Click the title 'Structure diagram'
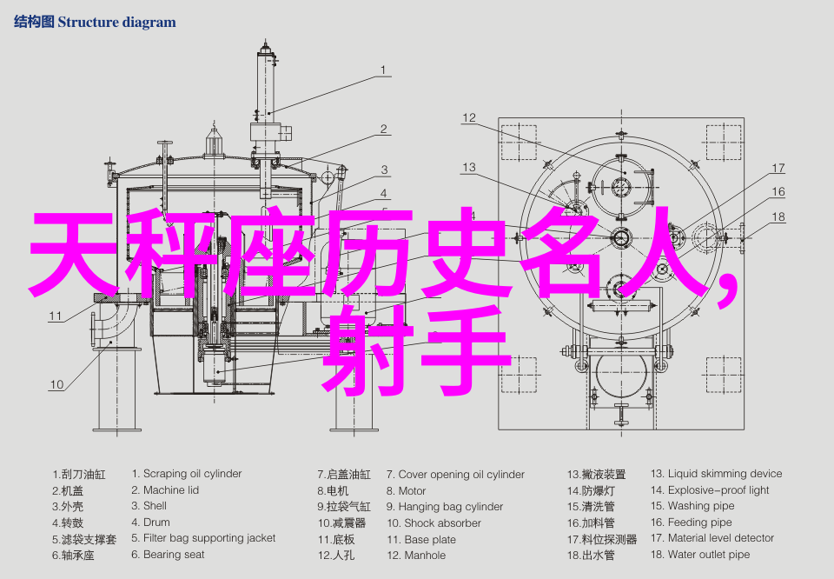(116, 23)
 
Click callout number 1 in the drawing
(383, 70)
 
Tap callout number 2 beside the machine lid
(383, 130)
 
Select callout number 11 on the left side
(56, 316)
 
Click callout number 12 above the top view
(469, 117)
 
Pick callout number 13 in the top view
(469, 167)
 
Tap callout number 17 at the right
(778, 169)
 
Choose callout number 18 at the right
(778, 216)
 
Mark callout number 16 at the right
(778, 192)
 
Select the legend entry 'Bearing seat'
(174, 555)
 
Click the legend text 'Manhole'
(425, 555)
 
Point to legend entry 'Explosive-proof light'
(718, 490)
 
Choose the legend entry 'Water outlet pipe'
(709, 555)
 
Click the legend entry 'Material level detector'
(721, 539)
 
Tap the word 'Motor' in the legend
(412, 491)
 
